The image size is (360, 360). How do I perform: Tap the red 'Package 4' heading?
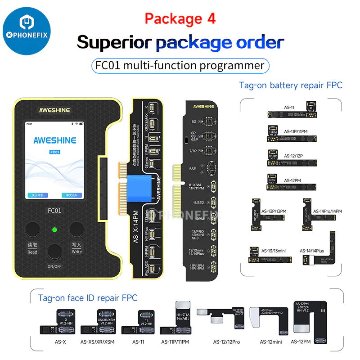180,18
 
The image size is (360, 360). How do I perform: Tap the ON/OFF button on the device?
55,252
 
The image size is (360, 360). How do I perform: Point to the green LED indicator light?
54,230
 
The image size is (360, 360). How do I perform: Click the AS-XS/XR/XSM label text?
97,342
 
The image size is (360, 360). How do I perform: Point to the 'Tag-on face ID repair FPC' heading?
88,298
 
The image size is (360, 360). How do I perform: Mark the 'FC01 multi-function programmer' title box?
180,65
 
